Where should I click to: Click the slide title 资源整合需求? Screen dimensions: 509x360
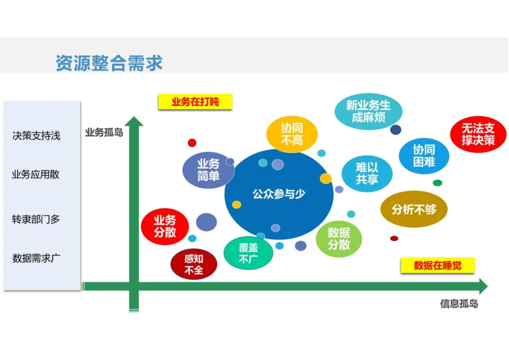pos(109,63)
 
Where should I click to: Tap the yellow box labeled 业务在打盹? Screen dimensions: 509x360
pos(195,102)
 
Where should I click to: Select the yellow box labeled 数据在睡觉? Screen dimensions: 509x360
pos(437,265)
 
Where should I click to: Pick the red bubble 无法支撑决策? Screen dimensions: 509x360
pos(478,134)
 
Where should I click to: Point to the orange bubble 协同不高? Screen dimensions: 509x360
pos(292,134)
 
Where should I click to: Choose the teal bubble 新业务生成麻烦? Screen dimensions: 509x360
pos(368,111)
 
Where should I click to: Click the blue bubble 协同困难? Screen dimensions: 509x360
pos(424,156)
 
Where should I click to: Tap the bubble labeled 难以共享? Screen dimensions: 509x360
pos(367,173)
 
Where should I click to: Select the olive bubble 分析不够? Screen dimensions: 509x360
pos(414,209)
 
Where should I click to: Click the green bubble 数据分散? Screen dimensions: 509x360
pos(339,238)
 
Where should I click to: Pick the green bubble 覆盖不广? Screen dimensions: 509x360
pos(248,253)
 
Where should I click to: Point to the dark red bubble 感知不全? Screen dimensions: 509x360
pos(194,265)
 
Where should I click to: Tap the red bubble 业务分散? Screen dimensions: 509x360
pos(164,227)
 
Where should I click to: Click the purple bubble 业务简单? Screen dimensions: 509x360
pos(208,170)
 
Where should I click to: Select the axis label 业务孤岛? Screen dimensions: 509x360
pos(104,132)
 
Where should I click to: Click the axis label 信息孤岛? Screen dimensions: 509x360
pos(459,304)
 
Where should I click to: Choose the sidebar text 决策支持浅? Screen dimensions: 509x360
pos(36,136)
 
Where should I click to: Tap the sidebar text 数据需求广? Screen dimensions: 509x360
pos(36,258)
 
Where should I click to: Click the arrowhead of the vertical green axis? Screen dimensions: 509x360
pos(134,122)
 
